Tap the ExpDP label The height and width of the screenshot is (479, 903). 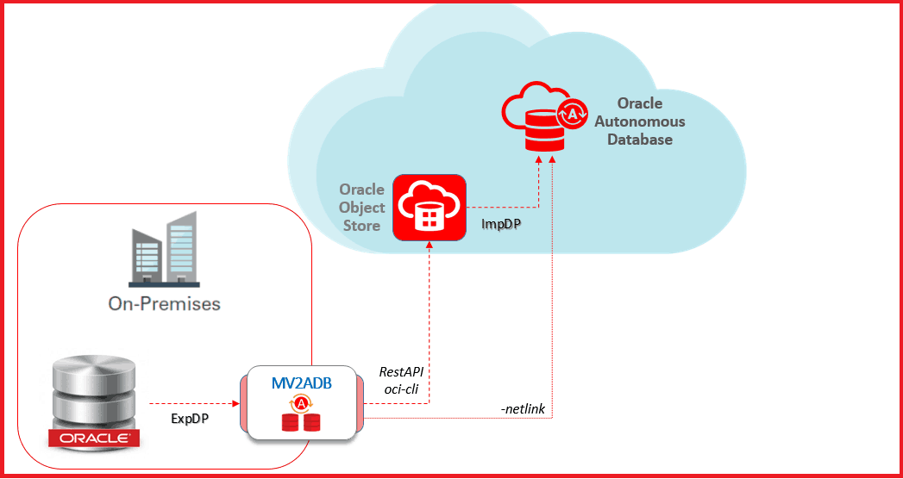[x=190, y=419]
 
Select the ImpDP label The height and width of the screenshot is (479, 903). [x=499, y=224]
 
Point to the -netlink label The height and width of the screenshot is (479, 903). [x=523, y=409]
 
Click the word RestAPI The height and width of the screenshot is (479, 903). [x=401, y=372]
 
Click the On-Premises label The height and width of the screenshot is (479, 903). [x=164, y=303]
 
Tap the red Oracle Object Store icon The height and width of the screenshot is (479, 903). [x=429, y=208]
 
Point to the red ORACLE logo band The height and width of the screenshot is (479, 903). [x=93, y=439]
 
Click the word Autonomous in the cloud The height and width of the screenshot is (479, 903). [x=639, y=121]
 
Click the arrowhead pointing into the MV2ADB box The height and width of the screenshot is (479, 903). [x=235, y=404]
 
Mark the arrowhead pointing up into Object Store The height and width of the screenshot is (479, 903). [x=429, y=246]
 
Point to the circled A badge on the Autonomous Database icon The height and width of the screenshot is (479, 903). [x=573, y=114]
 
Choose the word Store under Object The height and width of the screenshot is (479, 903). [x=361, y=225]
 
